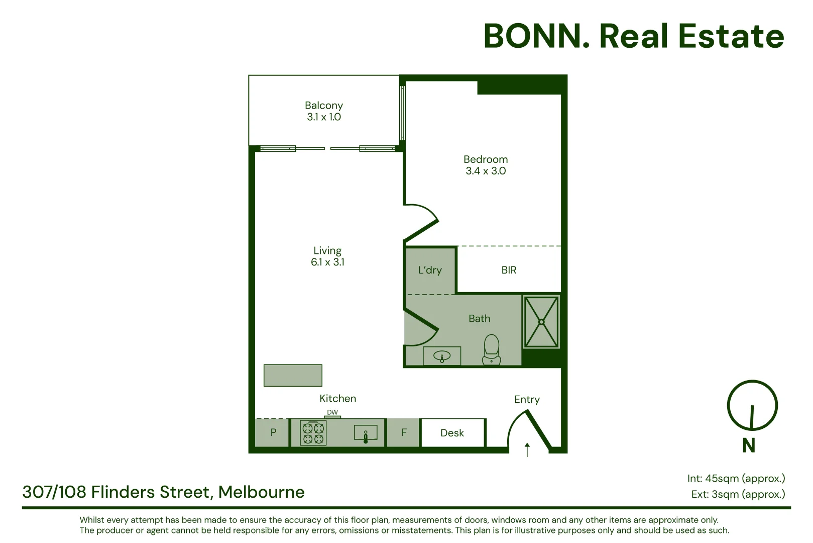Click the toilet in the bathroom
[492, 349]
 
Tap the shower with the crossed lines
[541, 322]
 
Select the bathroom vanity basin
[442, 356]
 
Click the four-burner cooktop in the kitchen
[313, 433]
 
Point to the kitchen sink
[366, 433]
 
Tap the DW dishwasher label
[332, 412]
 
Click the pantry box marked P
[273, 432]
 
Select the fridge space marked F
[404, 432]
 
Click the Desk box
[452, 433]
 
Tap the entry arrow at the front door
[527, 449]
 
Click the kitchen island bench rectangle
[293, 375]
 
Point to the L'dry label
[430, 270]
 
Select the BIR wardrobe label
[509, 270]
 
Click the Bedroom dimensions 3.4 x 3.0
[486, 171]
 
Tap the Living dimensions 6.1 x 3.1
[327, 262]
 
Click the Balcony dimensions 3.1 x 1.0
[324, 117]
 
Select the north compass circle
[752, 405]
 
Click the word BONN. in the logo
[537, 36]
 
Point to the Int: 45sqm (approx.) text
[736, 478]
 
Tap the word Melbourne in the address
[262, 492]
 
